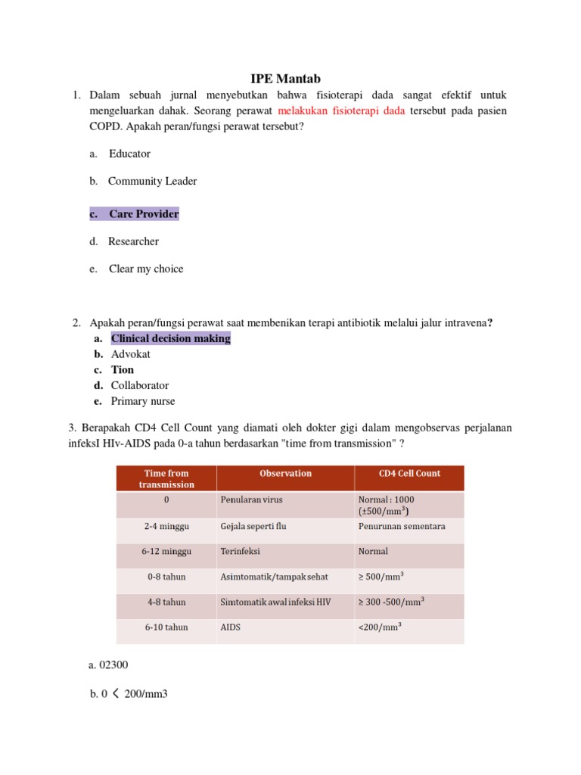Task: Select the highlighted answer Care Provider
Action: (143, 214)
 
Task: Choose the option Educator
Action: (129, 154)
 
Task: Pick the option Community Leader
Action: (152, 181)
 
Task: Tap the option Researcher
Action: (133, 241)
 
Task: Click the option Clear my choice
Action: (145, 269)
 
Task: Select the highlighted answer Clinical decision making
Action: (170, 338)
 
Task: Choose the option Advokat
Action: (131, 354)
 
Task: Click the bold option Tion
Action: (123, 370)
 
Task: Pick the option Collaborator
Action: (140, 385)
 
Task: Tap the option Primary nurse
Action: (142, 401)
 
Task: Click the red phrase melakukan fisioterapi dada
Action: (342, 110)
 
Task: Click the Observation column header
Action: (285, 473)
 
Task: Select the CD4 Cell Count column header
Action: (409, 473)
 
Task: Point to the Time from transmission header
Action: (166, 478)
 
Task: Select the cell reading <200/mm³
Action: (380, 627)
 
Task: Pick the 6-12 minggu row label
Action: (166, 552)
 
